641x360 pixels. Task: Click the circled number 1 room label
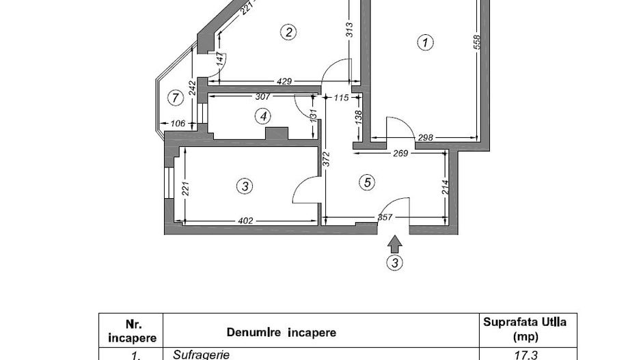425,43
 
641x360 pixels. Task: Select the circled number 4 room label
263,117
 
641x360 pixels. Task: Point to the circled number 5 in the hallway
368,182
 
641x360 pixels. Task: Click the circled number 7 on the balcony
176,98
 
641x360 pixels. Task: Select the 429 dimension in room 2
284,81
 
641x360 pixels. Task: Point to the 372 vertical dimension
327,160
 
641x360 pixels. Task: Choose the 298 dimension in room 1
425,138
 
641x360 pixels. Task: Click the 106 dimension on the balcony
178,124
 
